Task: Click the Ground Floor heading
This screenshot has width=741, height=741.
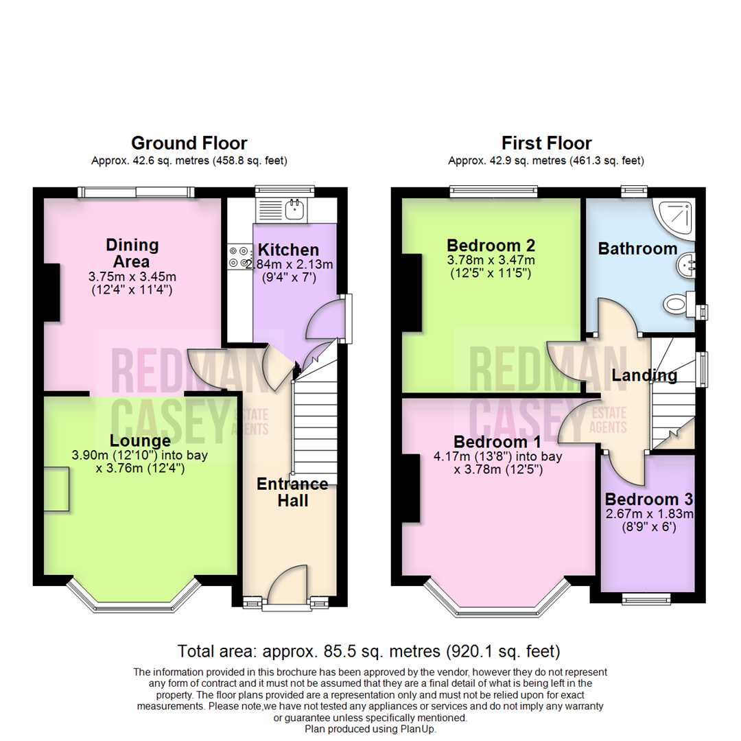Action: point(189,143)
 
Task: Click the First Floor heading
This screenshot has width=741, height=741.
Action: point(546,143)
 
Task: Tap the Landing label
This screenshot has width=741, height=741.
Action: point(644,375)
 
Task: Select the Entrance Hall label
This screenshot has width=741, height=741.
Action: point(292,492)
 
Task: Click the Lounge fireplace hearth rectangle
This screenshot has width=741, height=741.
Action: point(56,489)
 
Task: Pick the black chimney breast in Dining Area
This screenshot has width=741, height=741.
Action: point(51,292)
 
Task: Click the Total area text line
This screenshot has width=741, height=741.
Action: point(369,650)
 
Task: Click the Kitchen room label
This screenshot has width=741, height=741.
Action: point(288,250)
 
